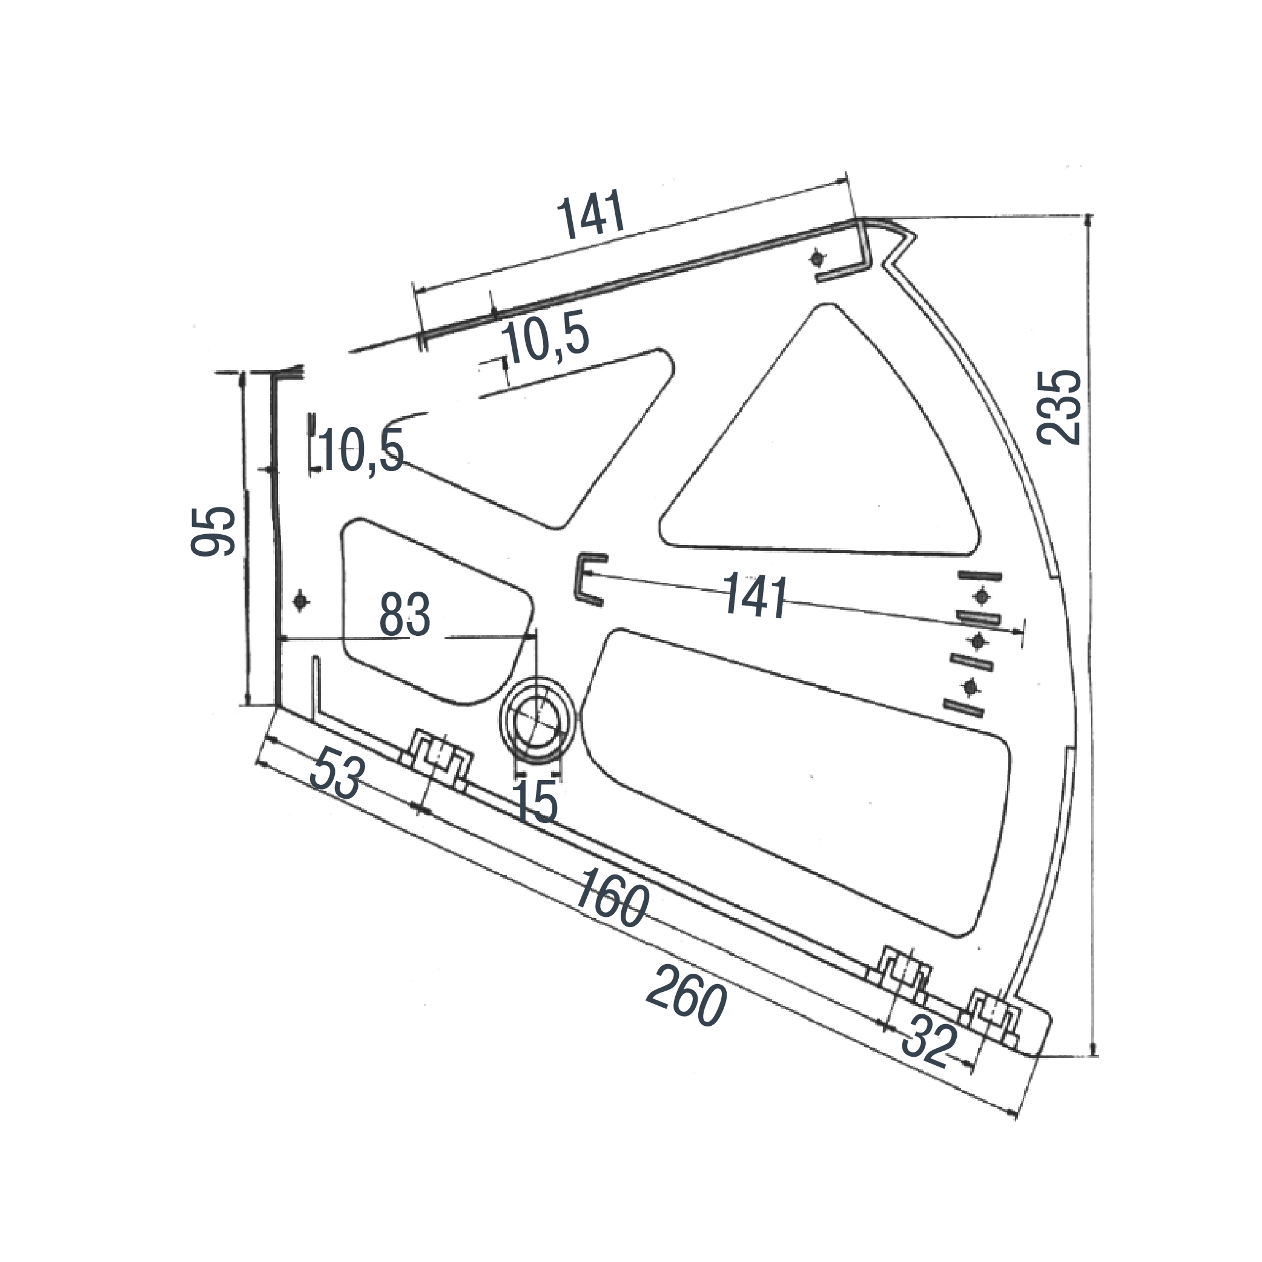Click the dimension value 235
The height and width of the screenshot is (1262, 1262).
point(1060,408)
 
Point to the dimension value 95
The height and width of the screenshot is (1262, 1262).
point(213,531)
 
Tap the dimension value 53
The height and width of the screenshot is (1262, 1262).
point(337,775)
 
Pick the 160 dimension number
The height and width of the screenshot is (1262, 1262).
point(611,896)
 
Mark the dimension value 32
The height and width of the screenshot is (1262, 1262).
point(929,1044)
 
